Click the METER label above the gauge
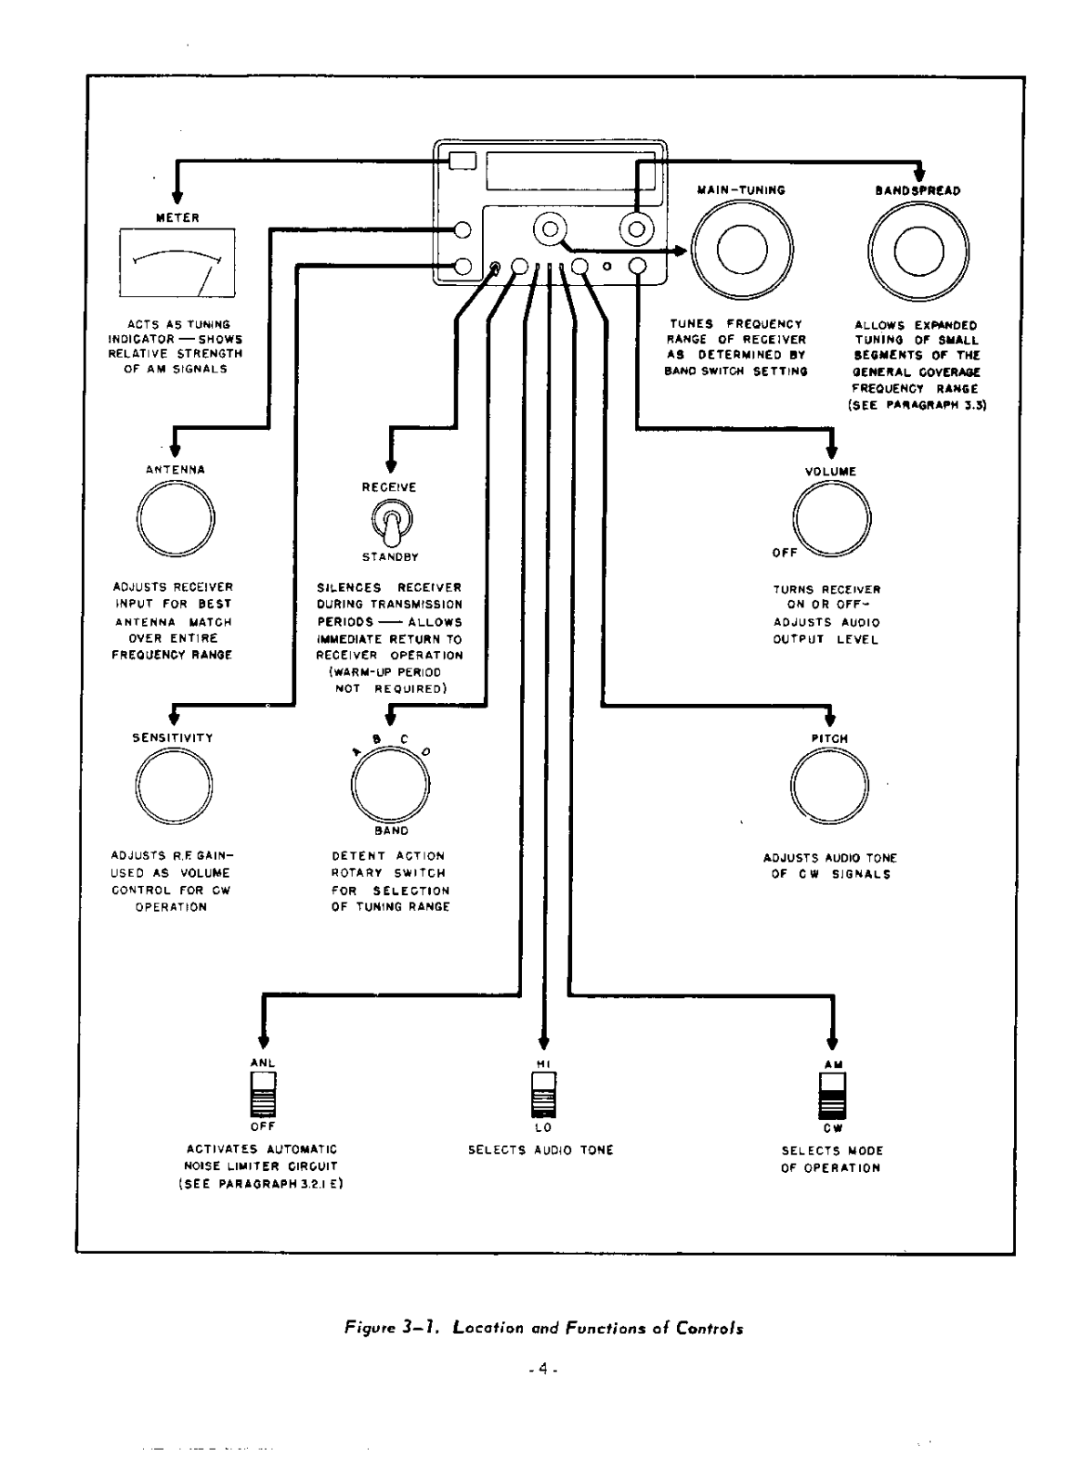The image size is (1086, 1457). [178, 218]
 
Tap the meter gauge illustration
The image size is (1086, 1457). [178, 263]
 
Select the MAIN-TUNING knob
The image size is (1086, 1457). [741, 249]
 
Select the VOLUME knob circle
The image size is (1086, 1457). [832, 519]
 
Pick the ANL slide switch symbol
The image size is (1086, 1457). [263, 1094]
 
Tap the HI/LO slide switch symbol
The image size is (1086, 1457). [544, 1094]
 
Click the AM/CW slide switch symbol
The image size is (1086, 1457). [832, 1095]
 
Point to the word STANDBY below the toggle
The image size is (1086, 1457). [390, 556]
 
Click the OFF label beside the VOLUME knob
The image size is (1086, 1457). [784, 553]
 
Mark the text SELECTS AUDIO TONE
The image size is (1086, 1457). [541, 1150]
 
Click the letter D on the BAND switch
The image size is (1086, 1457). [425, 751]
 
